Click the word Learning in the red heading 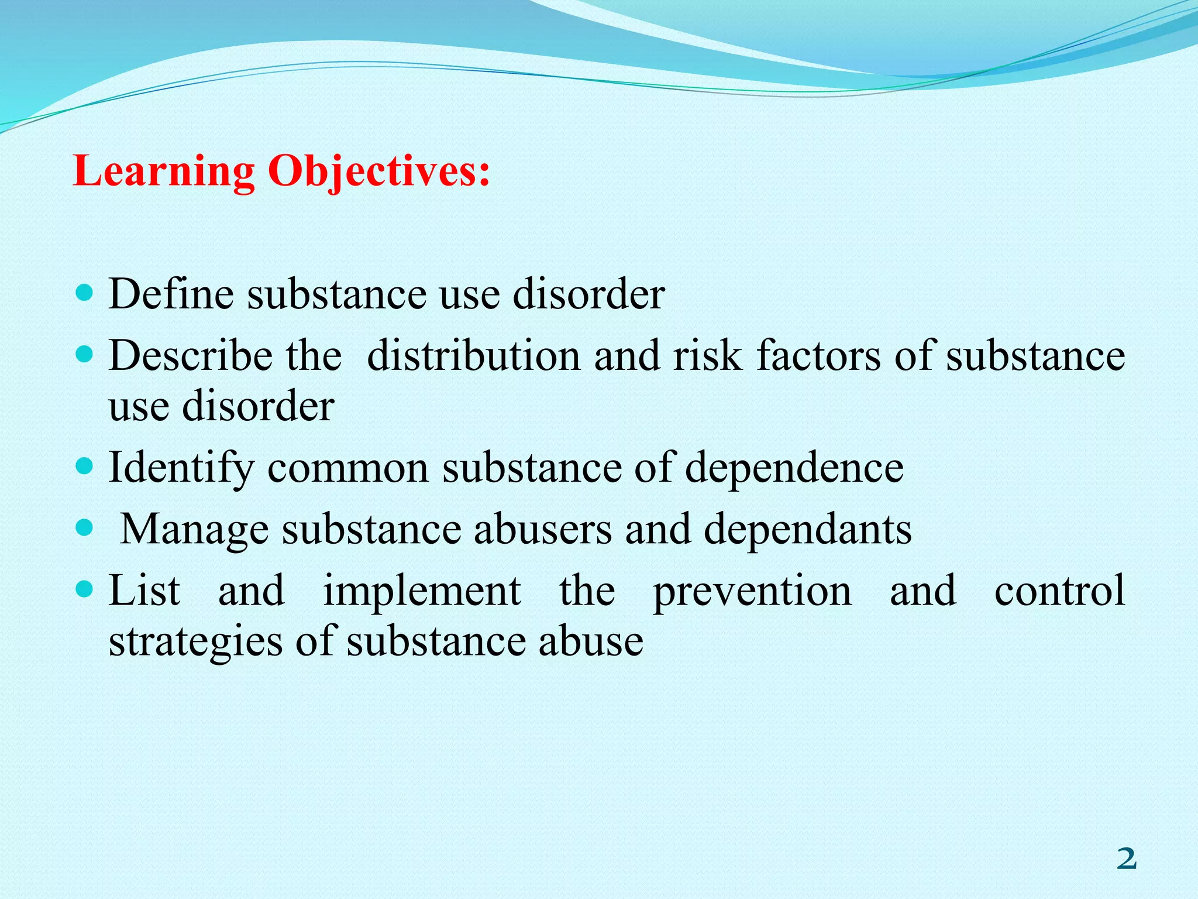point(164,172)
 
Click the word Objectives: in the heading point(378,172)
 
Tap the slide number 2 point(1126,859)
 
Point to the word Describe point(190,356)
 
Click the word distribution point(474,356)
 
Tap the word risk point(707,356)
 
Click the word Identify point(182,468)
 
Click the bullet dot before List point(85,589)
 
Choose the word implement point(422,592)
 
